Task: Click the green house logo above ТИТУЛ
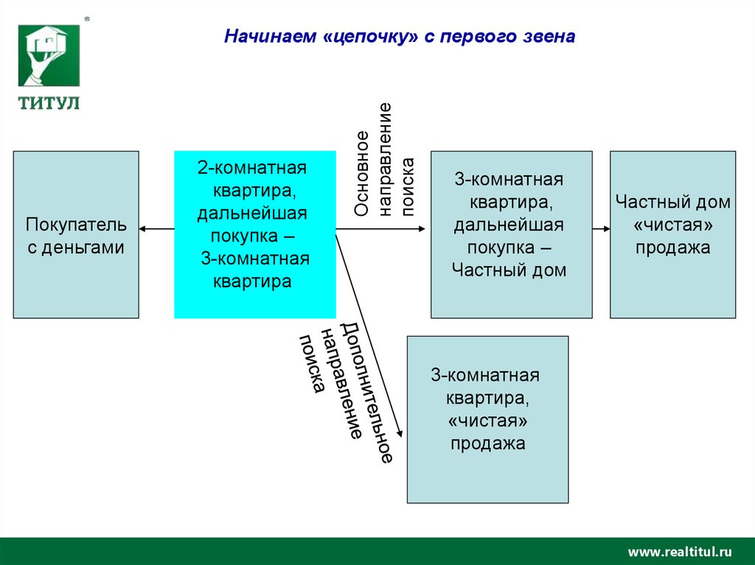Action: click(x=49, y=55)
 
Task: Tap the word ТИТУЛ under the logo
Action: click(x=49, y=102)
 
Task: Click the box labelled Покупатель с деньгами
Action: click(x=76, y=234)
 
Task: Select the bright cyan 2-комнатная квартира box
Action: click(x=254, y=234)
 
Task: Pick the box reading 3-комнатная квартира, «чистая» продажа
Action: click(x=487, y=419)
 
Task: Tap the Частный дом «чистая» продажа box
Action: click(x=672, y=234)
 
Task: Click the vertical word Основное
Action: click(x=361, y=174)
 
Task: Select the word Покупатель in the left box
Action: click(x=76, y=224)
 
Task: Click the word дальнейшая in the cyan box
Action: click(x=251, y=214)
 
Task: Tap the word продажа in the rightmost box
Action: click(x=672, y=248)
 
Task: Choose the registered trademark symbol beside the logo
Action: click(x=87, y=20)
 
